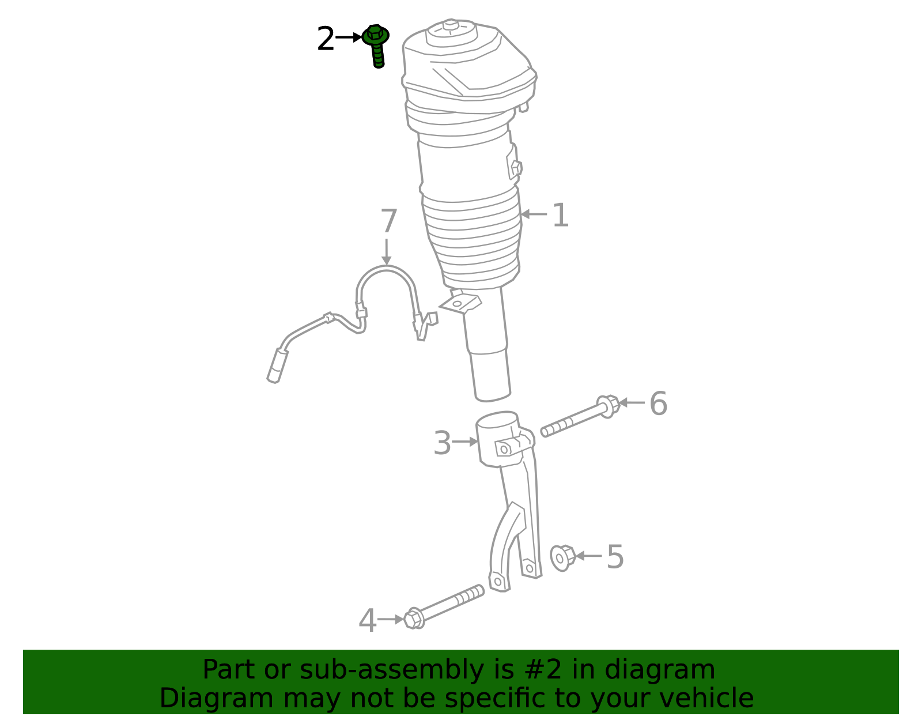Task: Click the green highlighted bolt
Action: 376,46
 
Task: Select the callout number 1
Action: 560,215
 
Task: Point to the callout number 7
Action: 388,221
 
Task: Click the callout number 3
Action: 441,443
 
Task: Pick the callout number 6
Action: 659,404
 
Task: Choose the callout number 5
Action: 615,557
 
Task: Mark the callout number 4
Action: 368,620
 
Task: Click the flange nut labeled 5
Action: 562,558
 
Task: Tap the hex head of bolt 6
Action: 609,406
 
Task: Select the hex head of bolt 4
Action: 414,619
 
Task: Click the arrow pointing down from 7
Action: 386,252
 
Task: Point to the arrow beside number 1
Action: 534,214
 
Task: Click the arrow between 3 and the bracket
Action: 465,442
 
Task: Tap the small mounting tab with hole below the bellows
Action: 460,303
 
